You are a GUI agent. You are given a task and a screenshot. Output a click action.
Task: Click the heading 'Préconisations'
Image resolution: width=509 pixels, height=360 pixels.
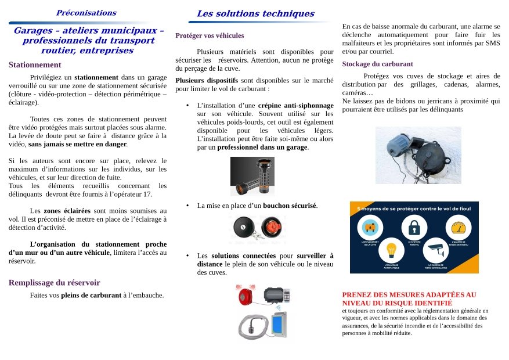(86, 13)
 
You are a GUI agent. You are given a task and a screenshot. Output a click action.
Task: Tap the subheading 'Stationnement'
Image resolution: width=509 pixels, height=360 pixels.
(35, 64)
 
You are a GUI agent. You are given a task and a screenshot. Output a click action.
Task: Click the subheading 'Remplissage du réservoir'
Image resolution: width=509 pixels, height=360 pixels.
(54, 283)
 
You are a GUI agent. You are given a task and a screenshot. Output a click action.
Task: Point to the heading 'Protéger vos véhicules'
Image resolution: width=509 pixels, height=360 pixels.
(210, 35)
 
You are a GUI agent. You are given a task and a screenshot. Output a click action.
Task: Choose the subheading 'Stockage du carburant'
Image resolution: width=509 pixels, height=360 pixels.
(377, 64)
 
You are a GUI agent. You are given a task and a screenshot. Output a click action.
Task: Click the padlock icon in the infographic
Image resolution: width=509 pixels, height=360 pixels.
(414, 226)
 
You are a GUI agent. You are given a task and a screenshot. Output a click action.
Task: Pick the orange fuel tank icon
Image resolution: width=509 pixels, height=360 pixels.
(370, 226)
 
